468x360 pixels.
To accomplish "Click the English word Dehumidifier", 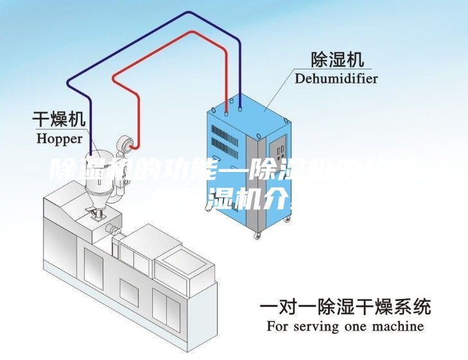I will point(336,79).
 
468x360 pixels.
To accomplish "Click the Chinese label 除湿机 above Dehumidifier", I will point(336,60).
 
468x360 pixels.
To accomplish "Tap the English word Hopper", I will point(59,138).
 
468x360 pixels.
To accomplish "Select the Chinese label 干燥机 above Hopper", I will point(59,119).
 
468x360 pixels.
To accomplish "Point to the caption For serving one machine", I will point(345,326).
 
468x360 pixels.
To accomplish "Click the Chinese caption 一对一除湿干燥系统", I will point(345,307).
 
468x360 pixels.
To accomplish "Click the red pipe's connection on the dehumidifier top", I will point(226,109).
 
